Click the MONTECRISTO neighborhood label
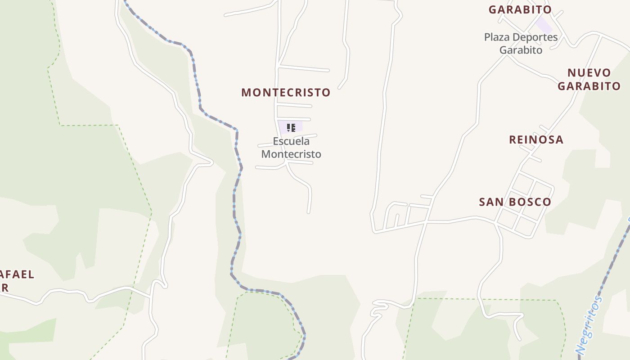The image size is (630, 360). [x=286, y=93]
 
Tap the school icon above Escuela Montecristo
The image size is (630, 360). [x=291, y=128]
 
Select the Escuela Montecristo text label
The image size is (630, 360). [x=291, y=148]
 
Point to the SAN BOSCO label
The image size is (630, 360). [x=515, y=202]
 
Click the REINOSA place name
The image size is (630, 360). [x=536, y=140]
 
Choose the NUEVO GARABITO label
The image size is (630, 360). [x=589, y=79]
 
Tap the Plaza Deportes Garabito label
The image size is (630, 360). [x=521, y=44]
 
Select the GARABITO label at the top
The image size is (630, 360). [x=520, y=9]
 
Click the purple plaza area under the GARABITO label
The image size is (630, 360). [x=544, y=25]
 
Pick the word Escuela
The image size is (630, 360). [x=291, y=141]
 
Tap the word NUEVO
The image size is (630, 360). [x=589, y=73]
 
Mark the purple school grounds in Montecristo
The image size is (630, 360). [x=283, y=127]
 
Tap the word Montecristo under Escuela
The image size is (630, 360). [x=291, y=154]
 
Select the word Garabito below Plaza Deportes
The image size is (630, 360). [x=521, y=50]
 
